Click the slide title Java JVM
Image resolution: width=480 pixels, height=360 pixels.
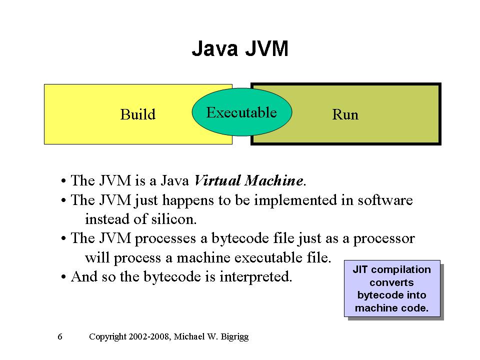click(240, 49)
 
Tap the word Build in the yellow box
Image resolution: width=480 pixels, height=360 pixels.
click(138, 114)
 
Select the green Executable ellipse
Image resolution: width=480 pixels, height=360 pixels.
click(241, 112)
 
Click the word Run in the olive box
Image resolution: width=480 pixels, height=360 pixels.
click(345, 115)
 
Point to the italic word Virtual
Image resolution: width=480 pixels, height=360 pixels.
click(216, 180)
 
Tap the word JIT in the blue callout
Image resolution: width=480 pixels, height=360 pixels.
click(361, 269)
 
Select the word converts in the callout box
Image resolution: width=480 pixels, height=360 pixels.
click(392, 282)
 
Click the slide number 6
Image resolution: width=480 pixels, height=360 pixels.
click(60, 336)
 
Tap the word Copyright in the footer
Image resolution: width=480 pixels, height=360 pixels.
click(107, 336)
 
